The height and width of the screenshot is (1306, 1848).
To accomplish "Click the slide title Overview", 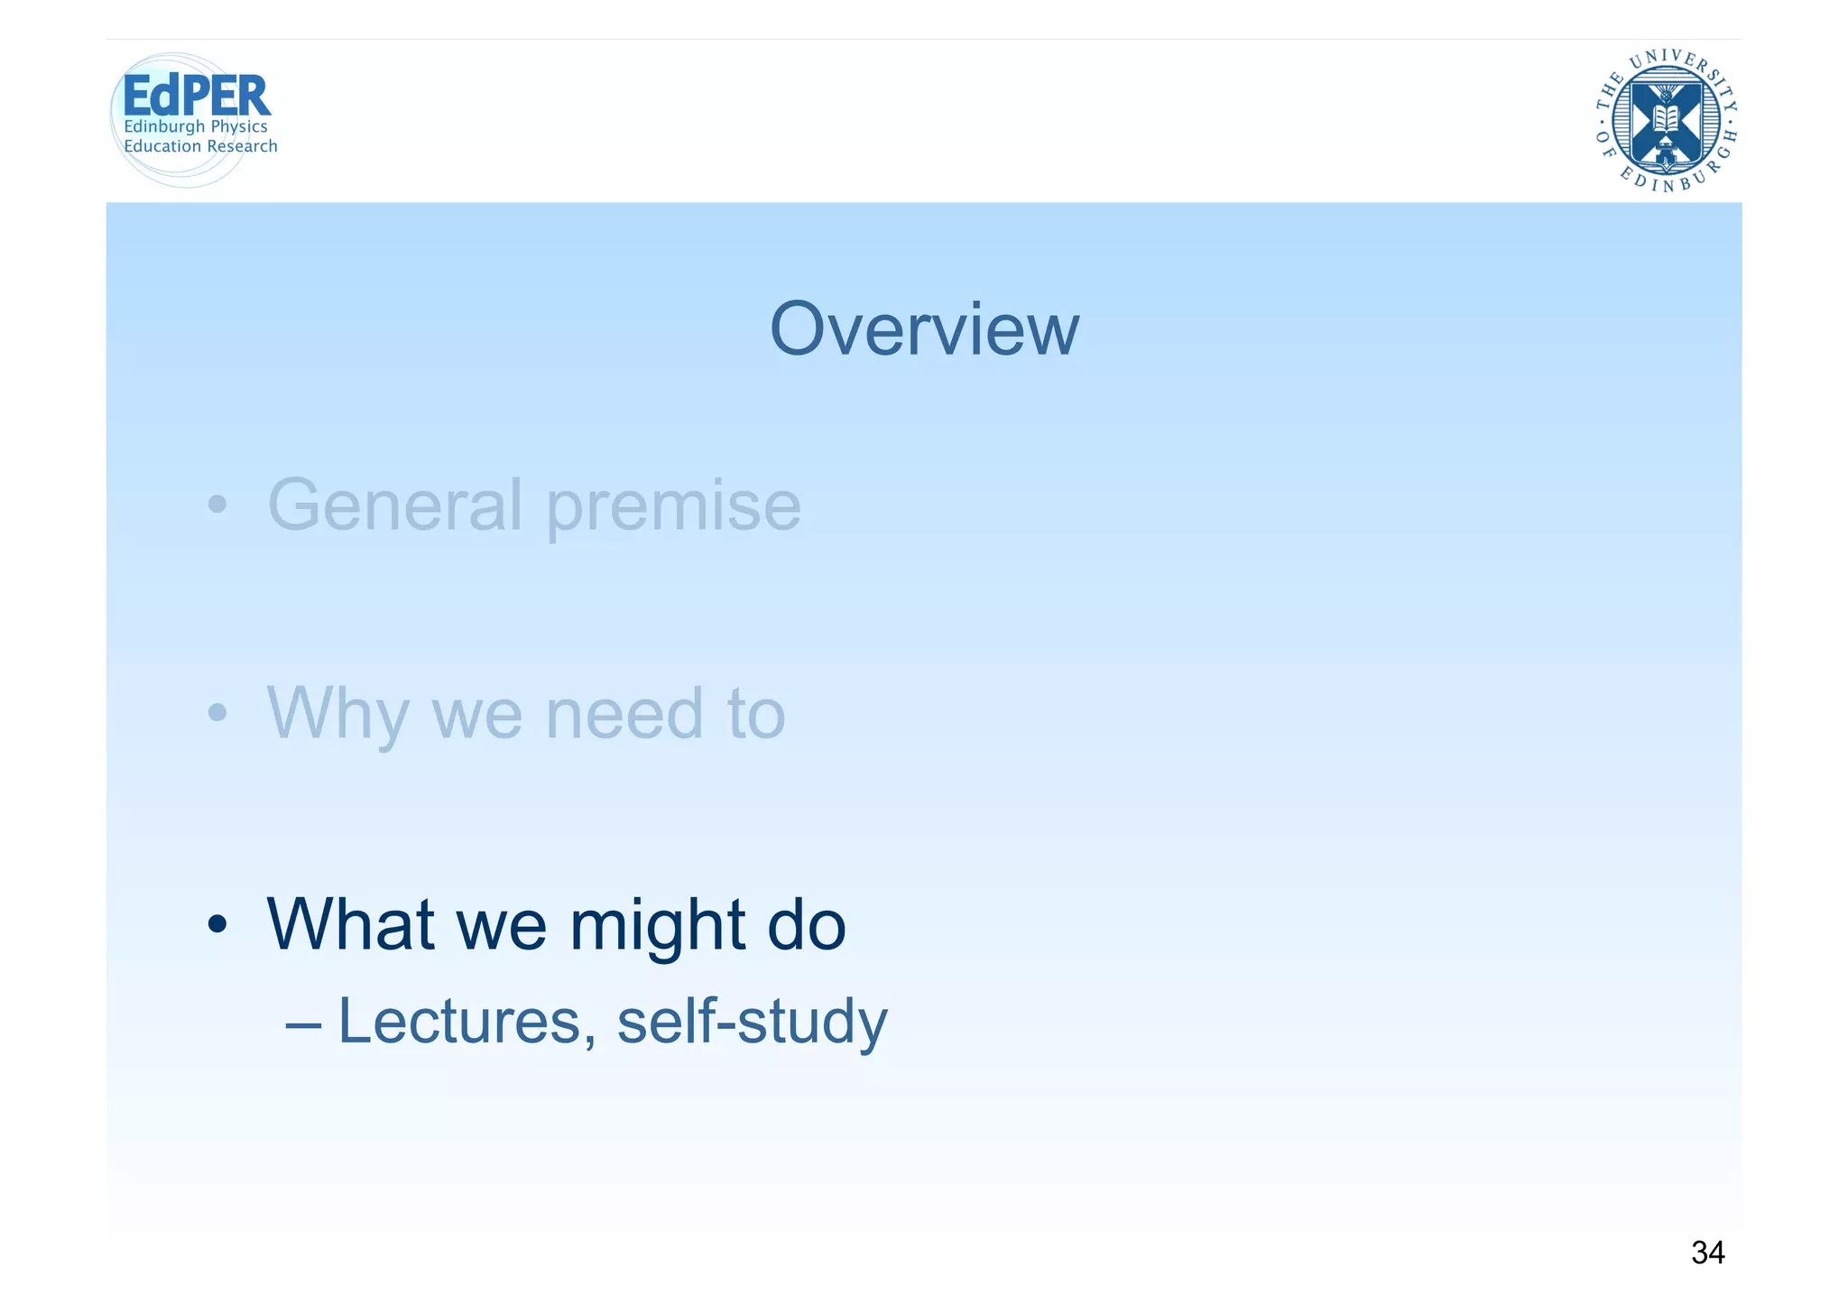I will [923, 329].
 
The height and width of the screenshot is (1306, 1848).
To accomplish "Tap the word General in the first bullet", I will [394, 505].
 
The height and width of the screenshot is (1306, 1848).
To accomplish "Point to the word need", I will [624, 714].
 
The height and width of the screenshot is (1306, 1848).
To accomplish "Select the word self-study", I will [752, 1023].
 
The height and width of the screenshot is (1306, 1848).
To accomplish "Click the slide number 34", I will [1707, 1253].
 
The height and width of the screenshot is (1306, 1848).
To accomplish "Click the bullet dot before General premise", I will [217, 505].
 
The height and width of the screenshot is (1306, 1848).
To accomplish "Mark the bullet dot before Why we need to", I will [217, 714].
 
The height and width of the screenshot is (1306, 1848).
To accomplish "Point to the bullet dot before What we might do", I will [217, 924].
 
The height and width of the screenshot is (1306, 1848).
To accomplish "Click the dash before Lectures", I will [302, 1025].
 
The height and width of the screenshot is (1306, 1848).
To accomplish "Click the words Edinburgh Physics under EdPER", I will [196, 126].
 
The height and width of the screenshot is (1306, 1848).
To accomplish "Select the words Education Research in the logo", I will [200, 146].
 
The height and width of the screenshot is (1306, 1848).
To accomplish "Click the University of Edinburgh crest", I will [1666, 121].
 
